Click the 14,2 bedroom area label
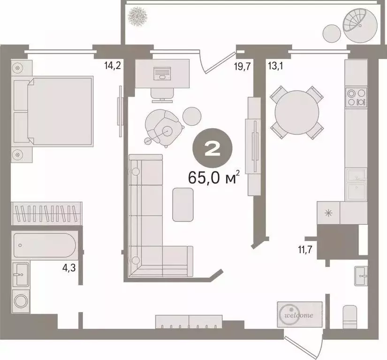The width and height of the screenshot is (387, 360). coord(113,66)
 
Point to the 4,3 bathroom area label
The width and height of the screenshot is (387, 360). coord(69,270)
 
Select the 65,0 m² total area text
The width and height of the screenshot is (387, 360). coord(214,178)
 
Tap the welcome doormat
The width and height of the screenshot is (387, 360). coord(300,314)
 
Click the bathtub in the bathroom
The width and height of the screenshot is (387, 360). coord(45,245)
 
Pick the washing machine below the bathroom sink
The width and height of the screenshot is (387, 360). coord(21,301)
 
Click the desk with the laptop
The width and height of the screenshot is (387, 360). coord(162,74)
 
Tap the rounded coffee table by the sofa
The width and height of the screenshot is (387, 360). coord(183,204)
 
